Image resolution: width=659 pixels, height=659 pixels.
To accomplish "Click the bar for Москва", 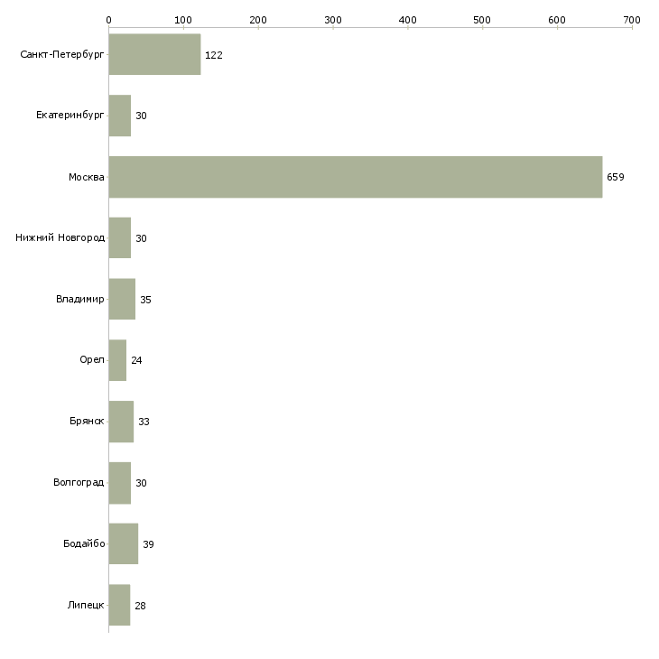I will point(355,177).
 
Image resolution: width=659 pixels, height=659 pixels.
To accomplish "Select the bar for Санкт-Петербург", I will point(154,55).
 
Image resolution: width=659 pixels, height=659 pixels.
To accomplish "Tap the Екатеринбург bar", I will point(120,116).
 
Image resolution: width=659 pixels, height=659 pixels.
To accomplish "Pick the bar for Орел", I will point(117,360).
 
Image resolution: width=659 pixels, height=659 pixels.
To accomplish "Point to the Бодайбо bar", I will point(123,544).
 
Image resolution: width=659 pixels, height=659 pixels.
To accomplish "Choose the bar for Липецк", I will point(119,605).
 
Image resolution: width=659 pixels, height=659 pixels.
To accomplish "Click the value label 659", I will point(616,177).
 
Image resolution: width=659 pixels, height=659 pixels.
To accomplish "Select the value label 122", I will point(214,55).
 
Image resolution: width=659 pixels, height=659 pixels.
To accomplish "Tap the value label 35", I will point(145,300).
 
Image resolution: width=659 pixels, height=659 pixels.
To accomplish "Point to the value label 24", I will point(136,360).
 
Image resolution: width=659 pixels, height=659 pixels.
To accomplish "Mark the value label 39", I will point(148,544).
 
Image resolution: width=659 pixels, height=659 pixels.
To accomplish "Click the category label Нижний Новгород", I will point(60,238).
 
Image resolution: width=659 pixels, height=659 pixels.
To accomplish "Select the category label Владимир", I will point(79,300).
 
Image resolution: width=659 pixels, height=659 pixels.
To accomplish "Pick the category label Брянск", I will point(87,422).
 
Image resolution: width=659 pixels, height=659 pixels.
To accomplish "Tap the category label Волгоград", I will point(79,483).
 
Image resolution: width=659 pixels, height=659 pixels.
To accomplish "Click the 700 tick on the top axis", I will point(632,19).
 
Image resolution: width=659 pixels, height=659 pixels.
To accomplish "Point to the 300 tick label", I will point(333,19).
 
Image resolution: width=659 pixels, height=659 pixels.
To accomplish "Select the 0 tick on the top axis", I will point(108,19).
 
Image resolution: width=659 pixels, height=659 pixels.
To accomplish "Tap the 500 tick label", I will point(483,19).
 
